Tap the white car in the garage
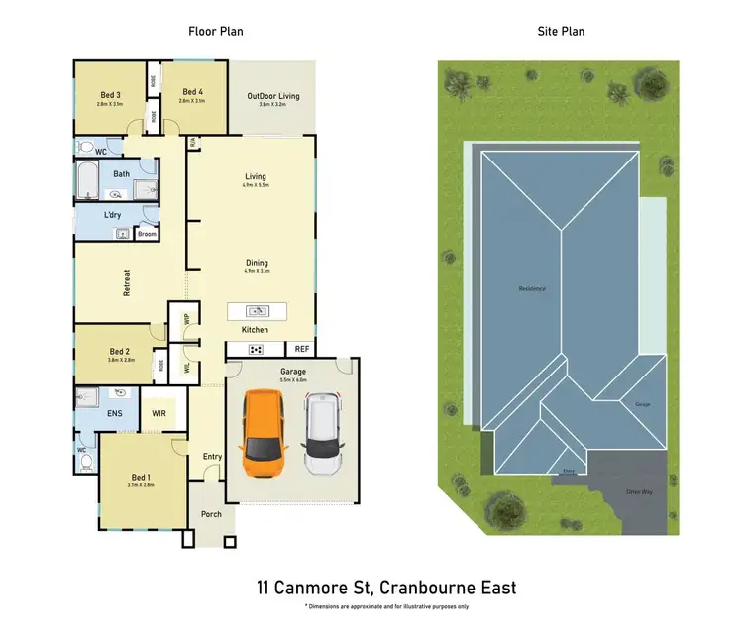[323, 433]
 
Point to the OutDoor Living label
[272, 97]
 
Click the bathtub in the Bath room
[89, 183]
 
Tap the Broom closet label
[147, 234]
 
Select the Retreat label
[127, 284]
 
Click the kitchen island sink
[255, 310]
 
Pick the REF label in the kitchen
[301, 349]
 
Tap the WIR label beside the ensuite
[159, 414]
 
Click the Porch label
[211, 514]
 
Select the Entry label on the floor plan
[212, 457]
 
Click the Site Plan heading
[560, 32]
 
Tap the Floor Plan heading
[216, 32]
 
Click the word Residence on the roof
[532, 289]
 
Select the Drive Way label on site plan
[639, 492]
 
